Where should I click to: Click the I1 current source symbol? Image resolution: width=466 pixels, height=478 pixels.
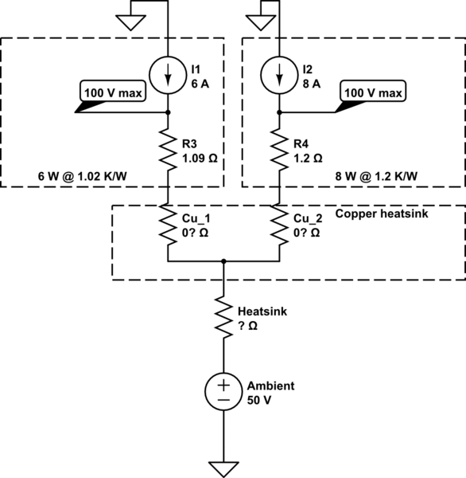pos(168,76)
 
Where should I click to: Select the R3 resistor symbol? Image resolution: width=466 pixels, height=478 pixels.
pos(168,148)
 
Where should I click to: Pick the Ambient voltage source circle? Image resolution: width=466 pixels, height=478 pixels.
pos(223,390)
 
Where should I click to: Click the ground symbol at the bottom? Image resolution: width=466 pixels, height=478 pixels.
pos(223,466)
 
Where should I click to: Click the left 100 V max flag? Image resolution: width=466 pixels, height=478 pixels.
pos(113,95)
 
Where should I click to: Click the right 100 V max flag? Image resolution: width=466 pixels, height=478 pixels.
pos(373,93)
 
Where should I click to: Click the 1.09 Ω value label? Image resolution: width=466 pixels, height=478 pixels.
pos(200,159)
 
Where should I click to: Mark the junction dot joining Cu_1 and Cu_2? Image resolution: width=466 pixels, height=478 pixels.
pos(223,261)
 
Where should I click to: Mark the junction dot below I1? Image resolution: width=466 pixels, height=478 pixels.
pos(168,113)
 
